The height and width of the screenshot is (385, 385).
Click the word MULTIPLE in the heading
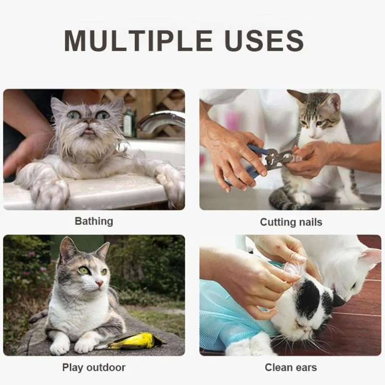tap(138, 40)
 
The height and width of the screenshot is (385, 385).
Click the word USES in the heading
tap(264, 40)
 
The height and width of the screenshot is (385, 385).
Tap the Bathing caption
tap(94, 221)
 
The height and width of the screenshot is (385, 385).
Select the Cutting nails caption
tap(291, 222)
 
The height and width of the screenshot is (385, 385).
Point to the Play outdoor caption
tap(94, 368)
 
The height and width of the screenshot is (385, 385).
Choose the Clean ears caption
tap(291, 368)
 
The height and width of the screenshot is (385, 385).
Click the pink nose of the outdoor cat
tap(99, 283)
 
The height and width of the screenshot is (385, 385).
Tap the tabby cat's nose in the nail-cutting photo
tap(312, 135)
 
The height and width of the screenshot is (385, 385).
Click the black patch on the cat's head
tap(310, 298)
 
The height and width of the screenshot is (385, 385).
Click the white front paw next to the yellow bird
tap(85, 346)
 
